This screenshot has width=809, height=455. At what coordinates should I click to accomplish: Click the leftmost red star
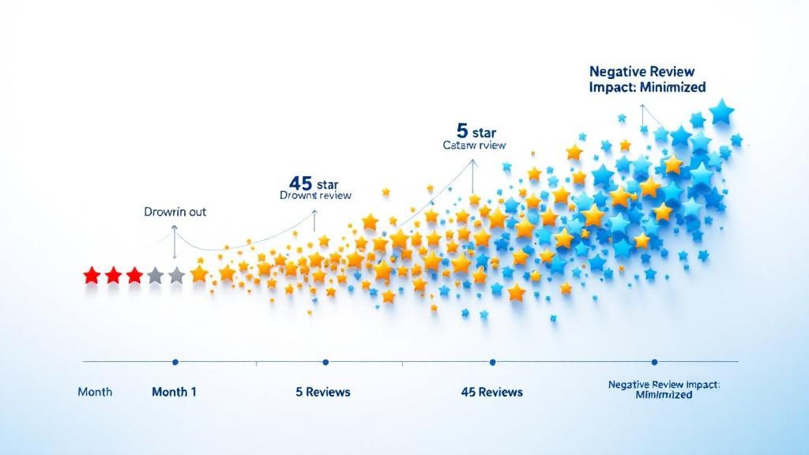point(92,276)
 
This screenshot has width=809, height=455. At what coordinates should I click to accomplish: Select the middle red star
point(113,276)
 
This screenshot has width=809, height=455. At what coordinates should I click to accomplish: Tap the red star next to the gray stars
point(134,276)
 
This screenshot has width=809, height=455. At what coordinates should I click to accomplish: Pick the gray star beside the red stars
point(156,276)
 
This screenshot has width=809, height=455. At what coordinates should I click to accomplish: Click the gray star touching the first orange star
point(176,276)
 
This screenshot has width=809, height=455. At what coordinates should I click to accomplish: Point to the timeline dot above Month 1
point(175,362)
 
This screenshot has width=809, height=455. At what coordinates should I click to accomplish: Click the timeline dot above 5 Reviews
point(325,362)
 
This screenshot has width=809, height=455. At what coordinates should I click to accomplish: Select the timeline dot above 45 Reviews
point(492,362)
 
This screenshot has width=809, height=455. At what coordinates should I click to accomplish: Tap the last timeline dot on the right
point(654,362)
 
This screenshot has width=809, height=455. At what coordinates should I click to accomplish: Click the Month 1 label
point(174,392)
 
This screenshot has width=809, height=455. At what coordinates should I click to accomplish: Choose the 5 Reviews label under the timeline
point(323,392)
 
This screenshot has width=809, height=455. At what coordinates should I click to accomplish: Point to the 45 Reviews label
point(491,392)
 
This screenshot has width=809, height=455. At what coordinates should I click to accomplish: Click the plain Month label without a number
point(95,392)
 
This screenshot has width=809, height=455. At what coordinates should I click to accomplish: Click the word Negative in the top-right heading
point(617,71)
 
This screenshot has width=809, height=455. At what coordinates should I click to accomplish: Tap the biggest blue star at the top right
point(721,111)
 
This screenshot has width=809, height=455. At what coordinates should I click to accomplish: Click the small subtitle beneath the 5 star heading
point(473,145)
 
